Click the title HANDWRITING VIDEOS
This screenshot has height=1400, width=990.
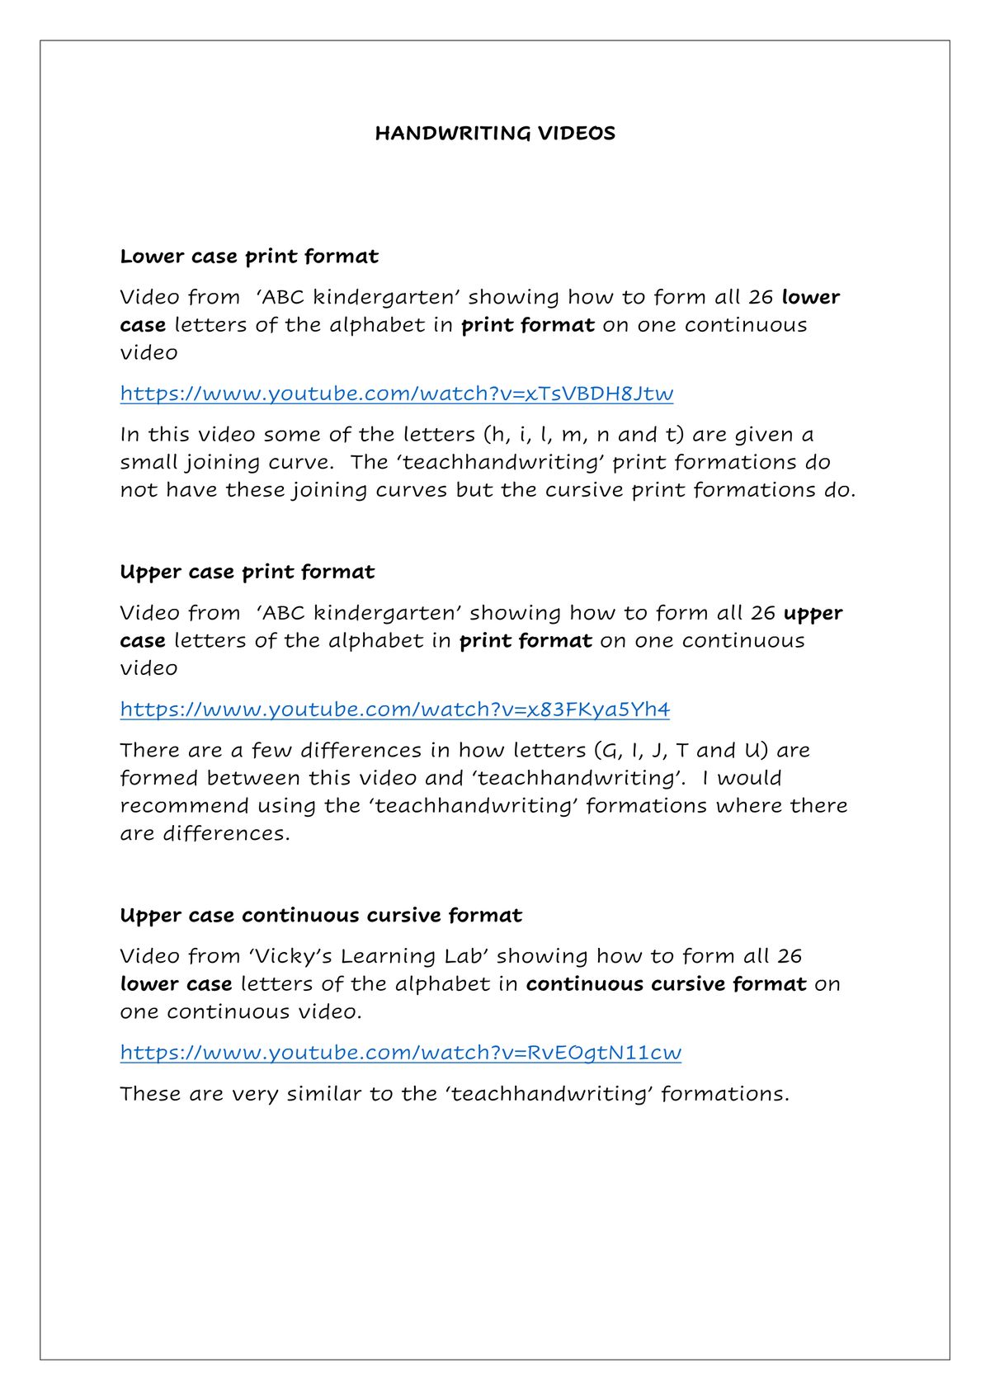(x=495, y=134)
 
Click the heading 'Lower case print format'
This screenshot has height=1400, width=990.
(x=248, y=257)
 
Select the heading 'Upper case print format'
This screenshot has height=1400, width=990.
(x=247, y=573)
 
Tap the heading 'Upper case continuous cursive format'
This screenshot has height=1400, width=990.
(x=320, y=916)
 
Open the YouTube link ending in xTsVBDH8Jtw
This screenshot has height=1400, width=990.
(x=396, y=394)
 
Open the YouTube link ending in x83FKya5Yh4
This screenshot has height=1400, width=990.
(x=394, y=709)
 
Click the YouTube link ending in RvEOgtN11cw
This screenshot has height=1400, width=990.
(x=400, y=1053)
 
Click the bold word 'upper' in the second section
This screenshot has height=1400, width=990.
(x=813, y=614)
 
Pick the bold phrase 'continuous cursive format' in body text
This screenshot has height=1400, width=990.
(x=666, y=984)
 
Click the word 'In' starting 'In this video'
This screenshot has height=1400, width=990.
(x=130, y=435)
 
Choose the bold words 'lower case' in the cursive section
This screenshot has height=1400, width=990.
(x=176, y=984)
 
